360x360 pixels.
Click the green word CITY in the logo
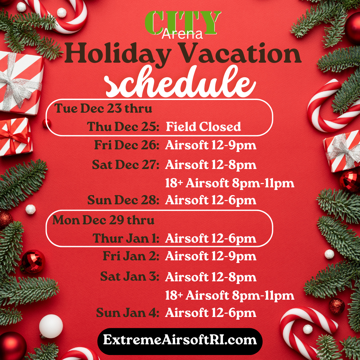point(183,23)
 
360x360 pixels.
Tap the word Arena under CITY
point(182,34)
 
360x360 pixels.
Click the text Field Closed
point(203,127)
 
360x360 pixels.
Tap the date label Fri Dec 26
point(127,145)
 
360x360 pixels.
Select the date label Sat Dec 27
point(126,165)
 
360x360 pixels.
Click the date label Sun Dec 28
point(123,200)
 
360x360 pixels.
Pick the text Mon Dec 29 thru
point(103,220)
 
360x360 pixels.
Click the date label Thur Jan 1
point(126,238)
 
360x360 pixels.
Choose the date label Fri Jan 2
point(131,256)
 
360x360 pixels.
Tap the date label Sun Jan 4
point(128,312)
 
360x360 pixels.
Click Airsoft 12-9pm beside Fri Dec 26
point(211,145)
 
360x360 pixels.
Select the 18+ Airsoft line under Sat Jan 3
point(230,295)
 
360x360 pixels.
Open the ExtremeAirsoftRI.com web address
point(180,340)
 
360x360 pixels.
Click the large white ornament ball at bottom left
point(51,326)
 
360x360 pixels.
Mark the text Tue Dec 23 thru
point(103,108)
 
